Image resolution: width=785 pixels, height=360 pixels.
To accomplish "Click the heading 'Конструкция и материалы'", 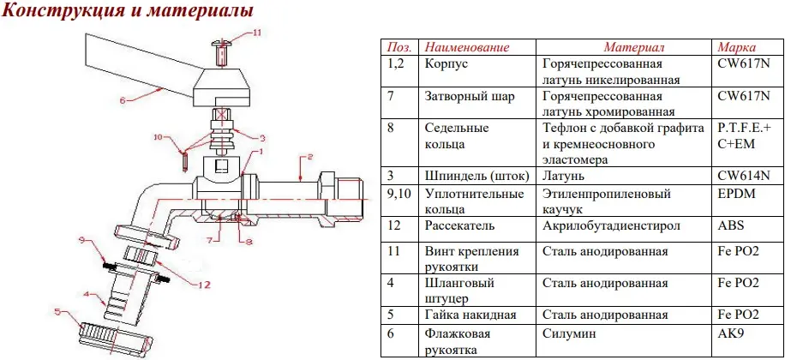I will pyautogui.click(x=128, y=12).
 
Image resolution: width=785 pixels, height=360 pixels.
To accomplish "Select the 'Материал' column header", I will pyautogui.click(x=633, y=46).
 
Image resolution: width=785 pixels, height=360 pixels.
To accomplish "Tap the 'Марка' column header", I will pyautogui.click(x=736, y=46).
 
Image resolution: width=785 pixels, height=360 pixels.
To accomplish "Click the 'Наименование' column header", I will pyautogui.click(x=467, y=46).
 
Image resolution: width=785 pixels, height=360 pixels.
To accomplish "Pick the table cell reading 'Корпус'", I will pyautogui.click(x=445, y=63).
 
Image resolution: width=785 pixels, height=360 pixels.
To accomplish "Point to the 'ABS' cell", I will pyautogui.click(x=730, y=225).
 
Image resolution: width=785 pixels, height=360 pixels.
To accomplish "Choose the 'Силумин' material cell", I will pyautogui.click(x=569, y=332).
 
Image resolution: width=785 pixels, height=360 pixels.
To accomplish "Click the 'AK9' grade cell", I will pyautogui.click(x=729, y=332).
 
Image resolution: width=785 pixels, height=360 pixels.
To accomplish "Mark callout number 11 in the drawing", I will pyautogui.click(x=257, y=33).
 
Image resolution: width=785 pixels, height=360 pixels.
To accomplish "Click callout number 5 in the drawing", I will pyautogui.click(x=57, y=311).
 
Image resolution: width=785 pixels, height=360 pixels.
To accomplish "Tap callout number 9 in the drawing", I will pyautogui.click(x=82, y=238).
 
